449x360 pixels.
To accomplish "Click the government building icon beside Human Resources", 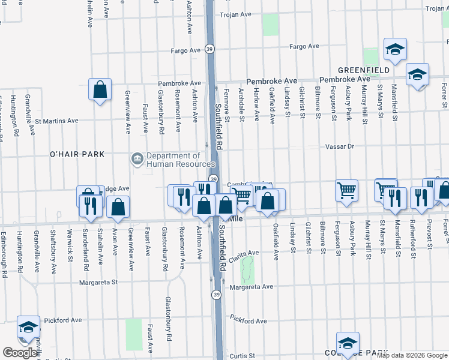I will point(136,159).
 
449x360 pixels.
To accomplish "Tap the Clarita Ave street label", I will point(243,254).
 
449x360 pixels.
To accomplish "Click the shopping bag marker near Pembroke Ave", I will point(100,90).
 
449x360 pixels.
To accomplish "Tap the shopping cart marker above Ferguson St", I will point(346,191).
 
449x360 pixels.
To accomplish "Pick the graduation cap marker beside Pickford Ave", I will point(28,327).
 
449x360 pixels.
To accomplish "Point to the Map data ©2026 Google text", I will point(412,355).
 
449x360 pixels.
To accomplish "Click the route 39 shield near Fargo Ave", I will point(209,49).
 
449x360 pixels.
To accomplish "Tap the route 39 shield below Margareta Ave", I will point(215,295).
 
